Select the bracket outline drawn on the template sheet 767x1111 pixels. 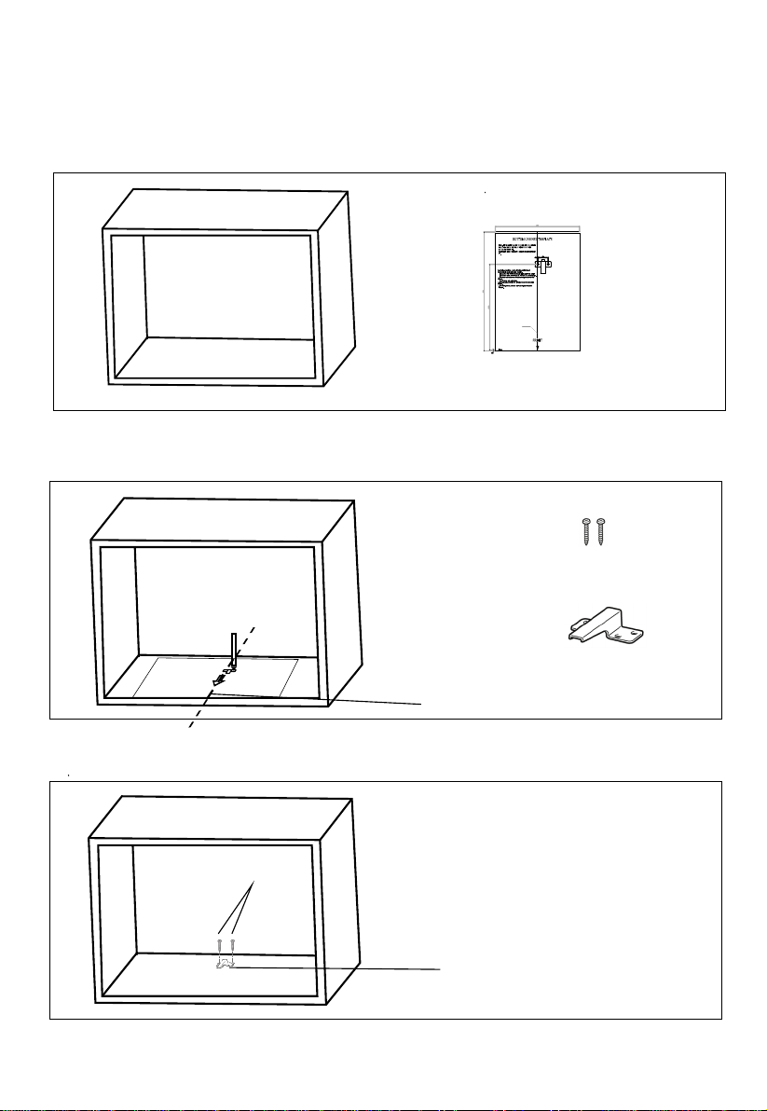pos(544,267)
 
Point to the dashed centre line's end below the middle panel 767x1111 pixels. pos(191,727)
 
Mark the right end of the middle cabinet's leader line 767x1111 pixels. pos(422,704)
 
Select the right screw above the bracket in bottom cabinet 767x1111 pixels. pos(232,946)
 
